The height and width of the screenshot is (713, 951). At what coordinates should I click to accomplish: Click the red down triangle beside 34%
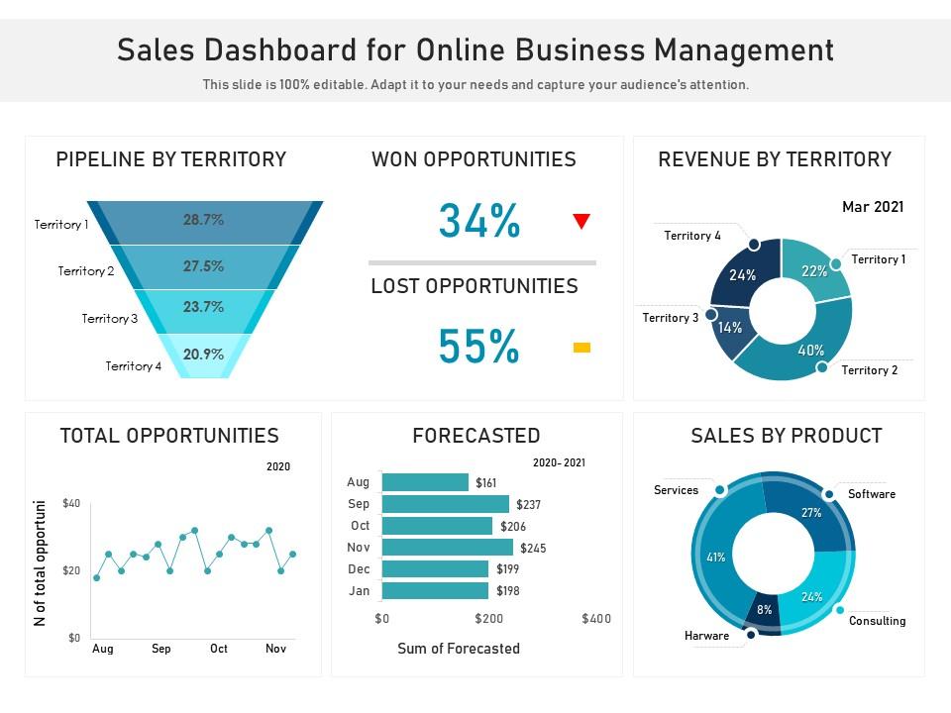[x=581, y=222]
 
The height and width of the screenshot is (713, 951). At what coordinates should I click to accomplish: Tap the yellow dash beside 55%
[x=581, y=347]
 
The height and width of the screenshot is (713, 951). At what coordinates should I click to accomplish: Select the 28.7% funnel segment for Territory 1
[x=203, y=221]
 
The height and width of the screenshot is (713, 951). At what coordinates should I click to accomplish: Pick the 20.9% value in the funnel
[x=203, y=355]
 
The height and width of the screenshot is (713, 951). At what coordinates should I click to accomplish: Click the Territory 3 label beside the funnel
[x=110, y=319]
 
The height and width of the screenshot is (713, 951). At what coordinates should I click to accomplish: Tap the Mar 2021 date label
[x=872, y=207]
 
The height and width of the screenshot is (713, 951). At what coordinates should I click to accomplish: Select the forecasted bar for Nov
[x=447, y=548]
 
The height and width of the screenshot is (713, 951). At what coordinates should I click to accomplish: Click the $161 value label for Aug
[x=485, y=483]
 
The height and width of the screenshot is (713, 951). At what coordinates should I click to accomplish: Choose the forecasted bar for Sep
[x=445, y=504]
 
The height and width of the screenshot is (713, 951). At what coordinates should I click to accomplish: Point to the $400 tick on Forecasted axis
[x=596, y=619]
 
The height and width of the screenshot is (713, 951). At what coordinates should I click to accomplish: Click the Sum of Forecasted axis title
[x=458, y=649]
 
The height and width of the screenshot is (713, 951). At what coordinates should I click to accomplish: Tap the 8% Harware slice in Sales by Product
[x=764, y=610]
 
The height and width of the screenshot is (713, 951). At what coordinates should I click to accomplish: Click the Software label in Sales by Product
[x=871, y=494]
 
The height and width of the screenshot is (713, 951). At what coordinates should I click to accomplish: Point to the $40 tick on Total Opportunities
[x=71, y=504]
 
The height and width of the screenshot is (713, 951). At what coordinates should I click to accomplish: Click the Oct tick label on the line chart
[x=218, y=649]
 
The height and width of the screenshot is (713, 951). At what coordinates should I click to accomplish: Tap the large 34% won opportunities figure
[x=479, y=222]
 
